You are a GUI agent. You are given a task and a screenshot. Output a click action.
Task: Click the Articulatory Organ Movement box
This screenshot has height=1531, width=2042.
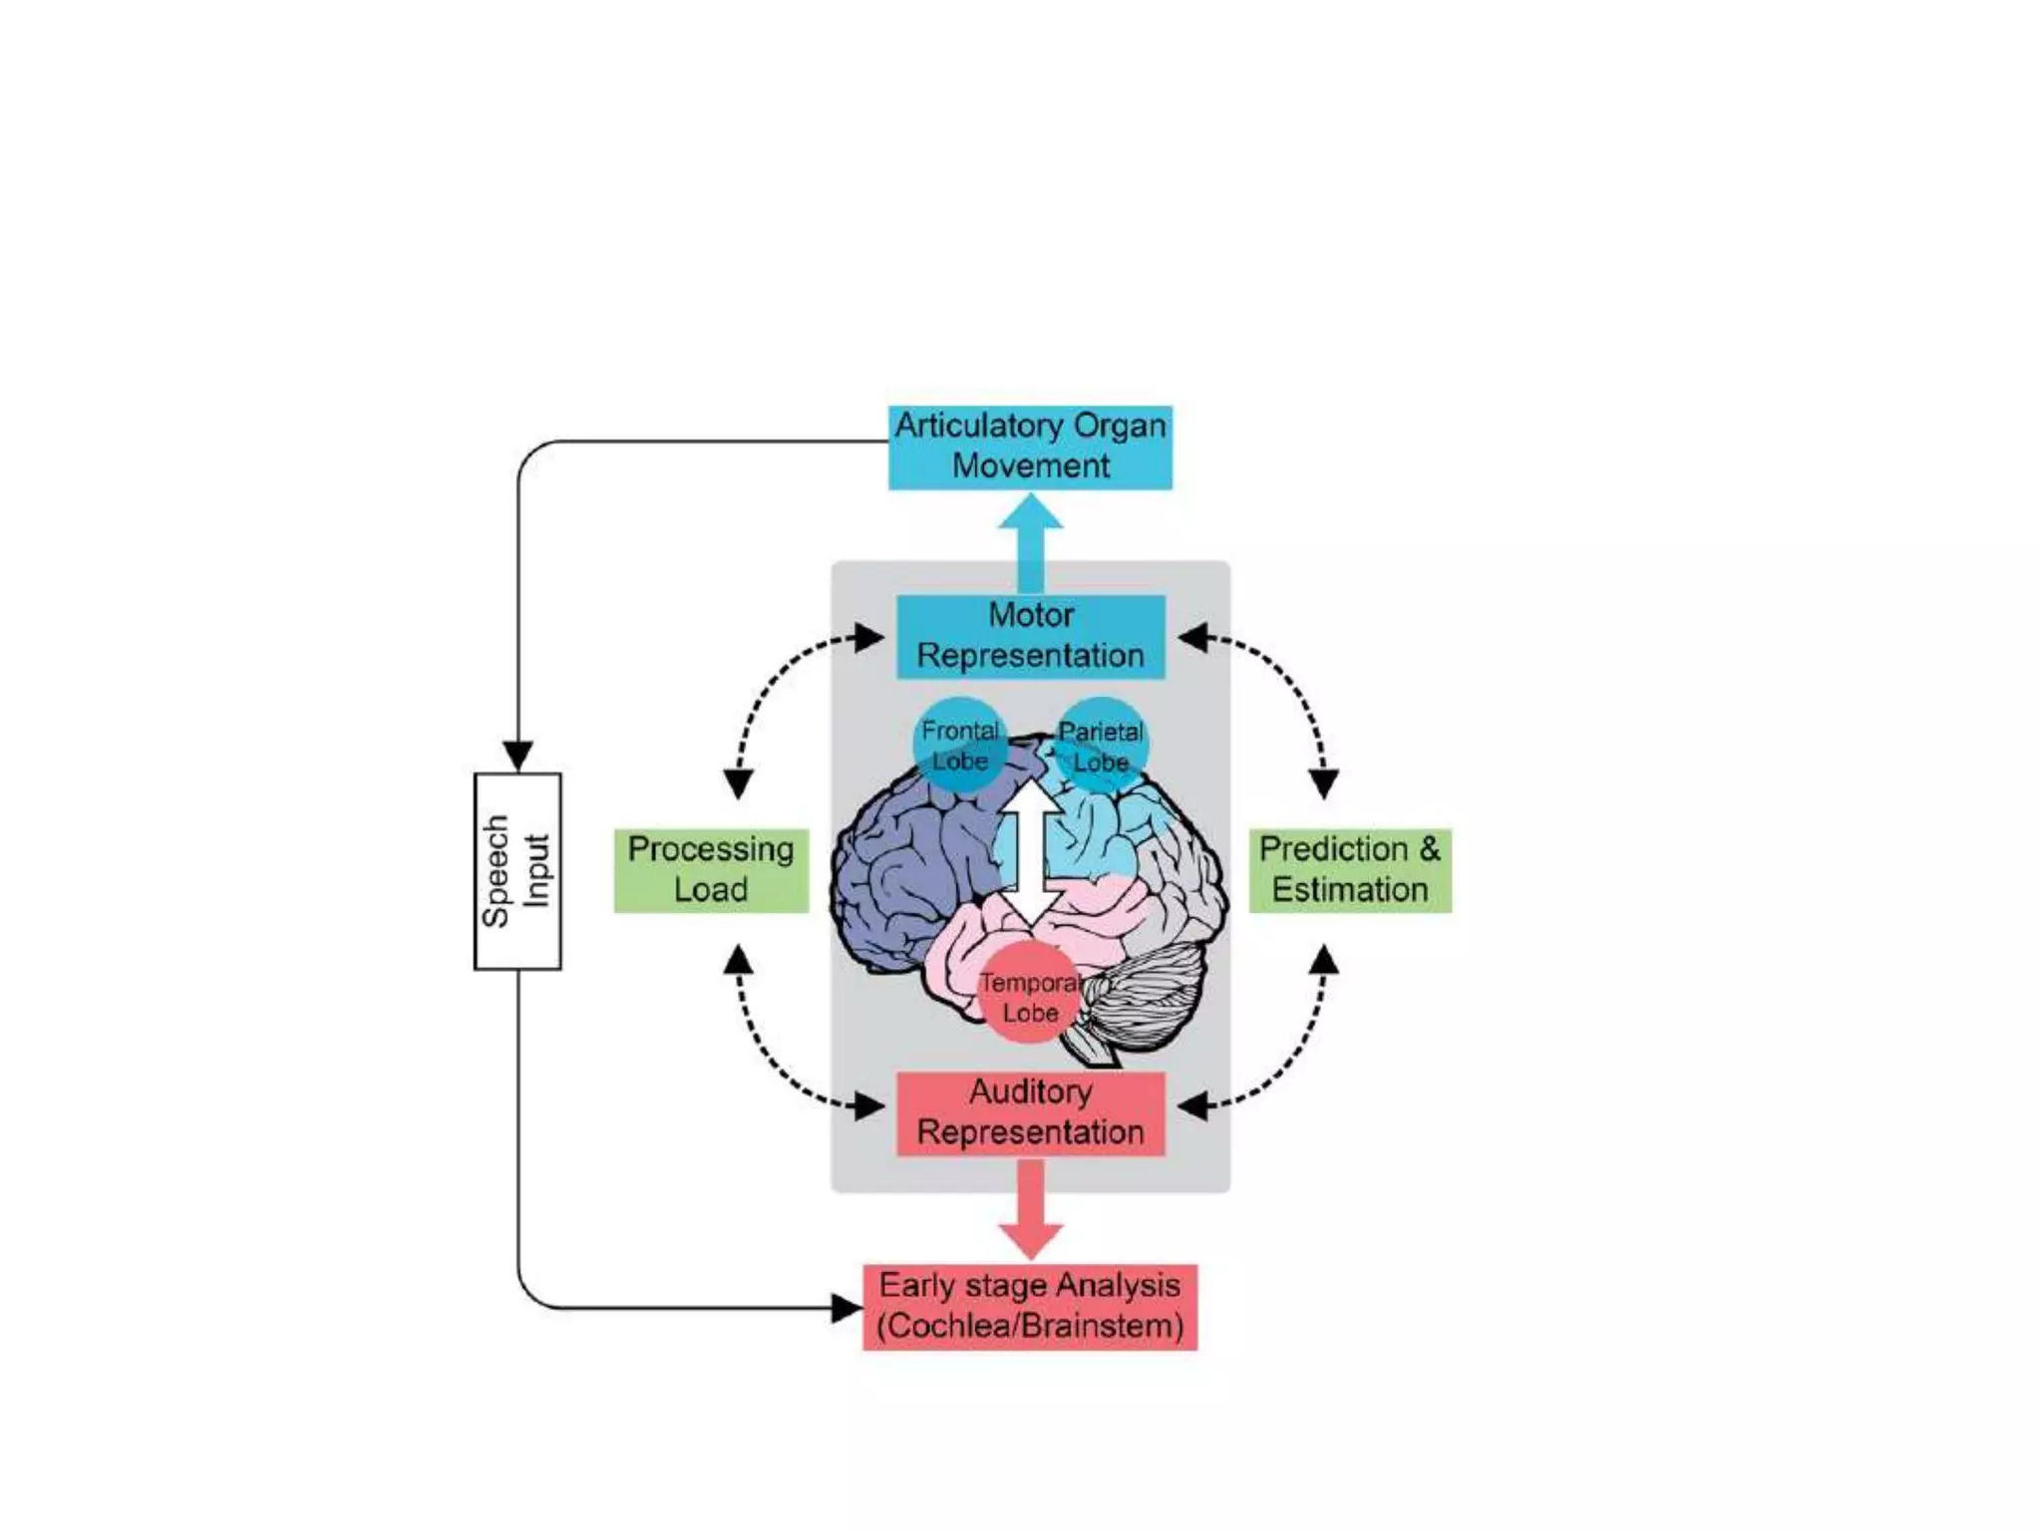(1030, 448)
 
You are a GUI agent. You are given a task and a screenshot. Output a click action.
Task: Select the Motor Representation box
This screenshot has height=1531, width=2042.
(1030, 636)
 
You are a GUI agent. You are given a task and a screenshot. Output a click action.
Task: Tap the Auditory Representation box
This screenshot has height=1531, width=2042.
(1030, 1113)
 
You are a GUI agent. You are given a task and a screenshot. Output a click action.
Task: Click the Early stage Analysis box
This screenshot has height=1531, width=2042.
(1030, 1307)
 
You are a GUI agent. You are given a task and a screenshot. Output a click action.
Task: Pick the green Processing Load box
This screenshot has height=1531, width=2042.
(711, 870)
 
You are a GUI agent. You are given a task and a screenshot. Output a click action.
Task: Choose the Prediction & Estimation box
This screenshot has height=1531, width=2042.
(1350, 870)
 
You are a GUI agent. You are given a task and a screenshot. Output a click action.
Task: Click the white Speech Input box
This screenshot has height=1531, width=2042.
(517, 870)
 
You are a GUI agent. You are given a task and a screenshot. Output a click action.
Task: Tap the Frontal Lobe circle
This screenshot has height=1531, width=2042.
(959, 746)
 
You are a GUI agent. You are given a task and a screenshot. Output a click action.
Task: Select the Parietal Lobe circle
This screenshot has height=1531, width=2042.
(1101, 746)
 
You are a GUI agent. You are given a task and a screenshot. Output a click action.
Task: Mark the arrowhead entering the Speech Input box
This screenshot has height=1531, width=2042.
(517, 756)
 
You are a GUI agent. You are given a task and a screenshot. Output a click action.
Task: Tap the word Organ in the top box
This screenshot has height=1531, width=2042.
(1119, 427)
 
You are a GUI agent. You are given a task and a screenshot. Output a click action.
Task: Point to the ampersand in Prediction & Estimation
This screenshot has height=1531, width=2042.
(1429, 849)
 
